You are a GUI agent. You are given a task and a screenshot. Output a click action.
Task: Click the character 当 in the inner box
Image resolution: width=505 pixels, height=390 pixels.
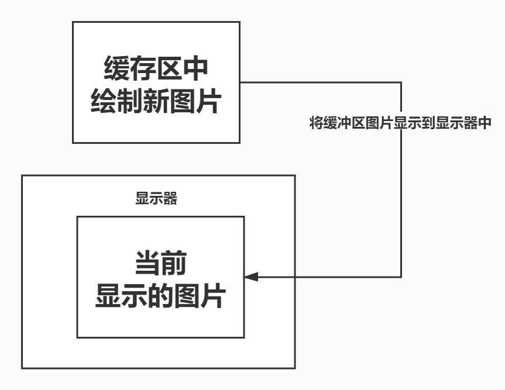[147, 264]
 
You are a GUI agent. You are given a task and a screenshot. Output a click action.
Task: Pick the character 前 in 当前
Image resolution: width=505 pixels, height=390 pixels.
[174, 264]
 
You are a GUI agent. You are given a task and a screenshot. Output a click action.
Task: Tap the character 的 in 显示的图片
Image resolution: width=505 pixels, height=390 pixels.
[160, 296]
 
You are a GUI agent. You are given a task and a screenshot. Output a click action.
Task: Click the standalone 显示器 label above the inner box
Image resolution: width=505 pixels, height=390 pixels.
[156, 199]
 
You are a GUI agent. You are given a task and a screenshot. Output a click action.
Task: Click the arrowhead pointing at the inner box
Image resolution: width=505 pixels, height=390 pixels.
[251, 277]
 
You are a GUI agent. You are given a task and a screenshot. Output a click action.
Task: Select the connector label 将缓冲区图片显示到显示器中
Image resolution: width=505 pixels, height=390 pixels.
[400, 123]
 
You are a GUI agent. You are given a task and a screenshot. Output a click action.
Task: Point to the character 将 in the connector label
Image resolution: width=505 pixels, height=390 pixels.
[315, 123]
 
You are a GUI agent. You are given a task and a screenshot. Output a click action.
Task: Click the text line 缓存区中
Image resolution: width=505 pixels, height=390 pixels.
[156, 69]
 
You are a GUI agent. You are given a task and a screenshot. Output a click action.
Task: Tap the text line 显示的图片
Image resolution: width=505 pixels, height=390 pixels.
[160, 296]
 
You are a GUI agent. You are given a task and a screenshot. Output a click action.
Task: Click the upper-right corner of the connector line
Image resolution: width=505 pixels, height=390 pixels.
[401, 82]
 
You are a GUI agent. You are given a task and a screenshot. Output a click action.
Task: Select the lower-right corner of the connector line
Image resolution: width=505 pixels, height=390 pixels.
[401, 277]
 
